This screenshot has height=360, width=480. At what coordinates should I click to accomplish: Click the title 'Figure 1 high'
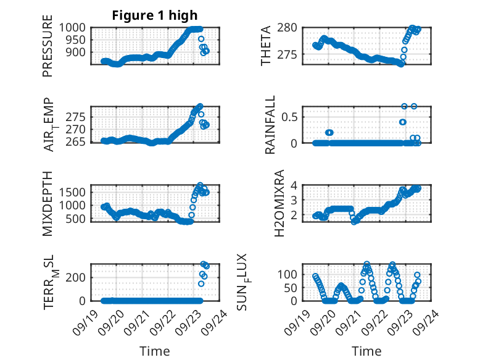155,15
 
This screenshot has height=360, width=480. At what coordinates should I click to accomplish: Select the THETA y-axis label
266,46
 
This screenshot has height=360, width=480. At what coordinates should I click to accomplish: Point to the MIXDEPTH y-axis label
48,203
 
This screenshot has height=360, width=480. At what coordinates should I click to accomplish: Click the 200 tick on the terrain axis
78,277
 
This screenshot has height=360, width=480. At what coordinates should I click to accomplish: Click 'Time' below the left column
155,351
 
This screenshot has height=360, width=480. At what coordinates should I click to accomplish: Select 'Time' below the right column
366,351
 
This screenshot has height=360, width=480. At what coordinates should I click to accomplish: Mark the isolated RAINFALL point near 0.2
329,132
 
